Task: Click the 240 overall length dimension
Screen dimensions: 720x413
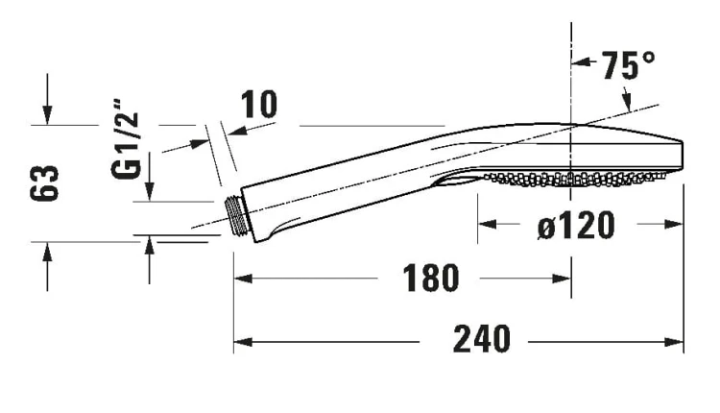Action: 481,339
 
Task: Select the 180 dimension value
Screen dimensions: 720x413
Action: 430,279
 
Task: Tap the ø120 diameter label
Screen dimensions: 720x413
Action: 576,225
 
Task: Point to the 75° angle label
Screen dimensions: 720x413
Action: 628,65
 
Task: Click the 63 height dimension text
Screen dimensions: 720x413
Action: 44,183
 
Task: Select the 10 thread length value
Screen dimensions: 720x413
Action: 259,105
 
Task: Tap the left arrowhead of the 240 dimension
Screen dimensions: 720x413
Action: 243,342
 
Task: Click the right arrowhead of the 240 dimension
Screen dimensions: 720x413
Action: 675,342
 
